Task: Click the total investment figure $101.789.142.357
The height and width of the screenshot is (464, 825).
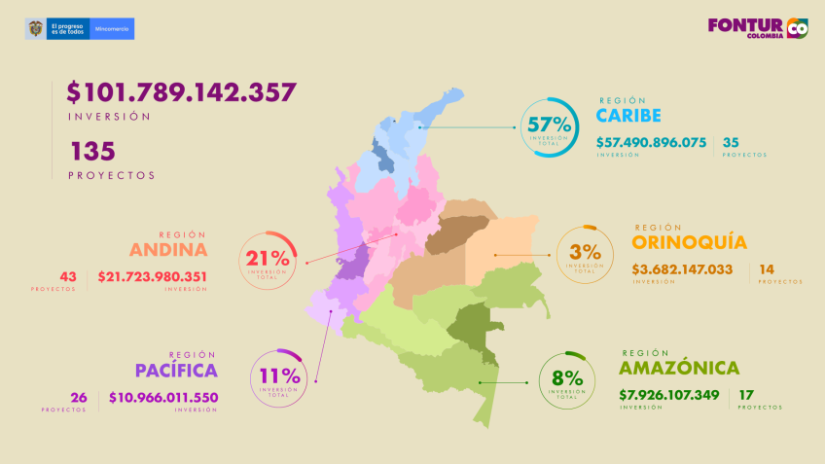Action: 182,92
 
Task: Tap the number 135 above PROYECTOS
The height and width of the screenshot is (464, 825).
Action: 92,150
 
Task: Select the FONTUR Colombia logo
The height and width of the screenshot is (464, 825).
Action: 757,28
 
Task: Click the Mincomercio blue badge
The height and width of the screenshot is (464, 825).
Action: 113,29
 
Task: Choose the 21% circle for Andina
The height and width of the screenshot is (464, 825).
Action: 268,260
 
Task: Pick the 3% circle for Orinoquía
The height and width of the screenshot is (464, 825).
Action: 584,254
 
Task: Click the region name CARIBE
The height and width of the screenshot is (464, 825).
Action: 628,116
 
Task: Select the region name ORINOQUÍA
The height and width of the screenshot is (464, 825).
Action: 689,242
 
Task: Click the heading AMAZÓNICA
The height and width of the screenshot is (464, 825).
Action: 678,369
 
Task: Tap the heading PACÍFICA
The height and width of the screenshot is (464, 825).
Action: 176,371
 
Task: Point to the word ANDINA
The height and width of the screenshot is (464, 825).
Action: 168,248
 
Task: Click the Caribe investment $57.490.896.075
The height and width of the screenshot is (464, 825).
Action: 651,142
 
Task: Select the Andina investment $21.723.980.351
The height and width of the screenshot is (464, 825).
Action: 152,276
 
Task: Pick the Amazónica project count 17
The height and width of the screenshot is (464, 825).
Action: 746,395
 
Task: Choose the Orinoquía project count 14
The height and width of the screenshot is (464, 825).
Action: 767,268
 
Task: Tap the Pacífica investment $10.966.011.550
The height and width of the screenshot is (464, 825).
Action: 163,397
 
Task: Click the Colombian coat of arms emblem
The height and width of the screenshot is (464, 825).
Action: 35,29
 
